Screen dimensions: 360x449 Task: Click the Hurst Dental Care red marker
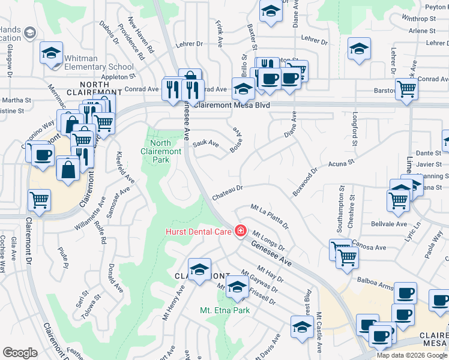tap(241, 230)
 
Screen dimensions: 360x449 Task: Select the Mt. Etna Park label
tap(224, 310)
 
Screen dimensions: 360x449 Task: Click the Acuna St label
tap(341, 163)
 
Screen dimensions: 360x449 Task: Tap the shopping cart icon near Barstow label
tap(407, 89)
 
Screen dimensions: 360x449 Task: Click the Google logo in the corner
tap(20, 353)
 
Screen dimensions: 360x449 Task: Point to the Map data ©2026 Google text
tap(412, 355)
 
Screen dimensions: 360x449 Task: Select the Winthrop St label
tap(420, 19)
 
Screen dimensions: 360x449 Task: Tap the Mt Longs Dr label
tap(268, 241)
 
